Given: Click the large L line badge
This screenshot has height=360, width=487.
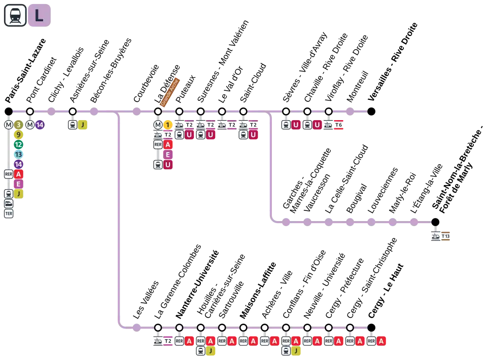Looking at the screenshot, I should click(40, 16).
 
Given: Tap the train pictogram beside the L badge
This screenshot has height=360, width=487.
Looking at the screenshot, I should click(15, 16).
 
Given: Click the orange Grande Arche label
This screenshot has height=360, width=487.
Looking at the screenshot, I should click(170, 92).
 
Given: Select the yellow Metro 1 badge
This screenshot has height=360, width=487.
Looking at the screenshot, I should click(168, 125).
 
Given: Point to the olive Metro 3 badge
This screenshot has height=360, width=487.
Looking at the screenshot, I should click(18, 125).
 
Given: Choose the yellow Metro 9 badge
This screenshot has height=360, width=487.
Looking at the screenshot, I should click(18, 134).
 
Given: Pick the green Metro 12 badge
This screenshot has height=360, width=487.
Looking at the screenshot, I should click(18, 145).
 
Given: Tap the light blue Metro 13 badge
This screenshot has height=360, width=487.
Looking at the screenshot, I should click(18, 154).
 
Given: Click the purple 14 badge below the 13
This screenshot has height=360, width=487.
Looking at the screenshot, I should click(18, 164).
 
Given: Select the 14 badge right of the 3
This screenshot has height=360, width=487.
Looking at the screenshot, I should click(40, 125).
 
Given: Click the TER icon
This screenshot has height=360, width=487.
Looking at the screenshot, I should click(9, 213).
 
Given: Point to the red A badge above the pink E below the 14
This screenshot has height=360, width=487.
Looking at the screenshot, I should click(18, 174).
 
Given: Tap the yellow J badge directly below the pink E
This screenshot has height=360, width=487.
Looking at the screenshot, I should click(18, 194).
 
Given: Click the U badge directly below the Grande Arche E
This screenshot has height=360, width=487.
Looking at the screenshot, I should click(168, 164).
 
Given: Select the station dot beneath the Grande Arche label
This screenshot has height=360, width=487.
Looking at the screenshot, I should click(158, 112).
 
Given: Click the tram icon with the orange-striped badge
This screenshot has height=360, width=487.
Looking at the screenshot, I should click(436, 236).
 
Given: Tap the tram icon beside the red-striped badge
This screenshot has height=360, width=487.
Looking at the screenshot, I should click(329, 125).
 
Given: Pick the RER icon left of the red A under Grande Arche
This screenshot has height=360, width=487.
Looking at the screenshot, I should click(158, 145).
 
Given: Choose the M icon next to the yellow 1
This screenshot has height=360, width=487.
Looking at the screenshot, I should click(158, 125).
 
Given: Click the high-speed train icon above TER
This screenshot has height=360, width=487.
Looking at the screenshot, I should click(9, 203).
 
